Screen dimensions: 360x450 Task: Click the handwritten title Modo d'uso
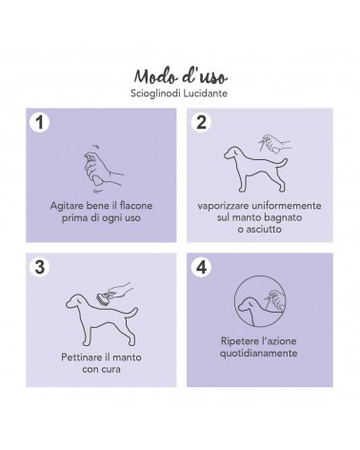coord(180,76)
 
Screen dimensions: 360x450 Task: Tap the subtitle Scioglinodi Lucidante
coord(179,93)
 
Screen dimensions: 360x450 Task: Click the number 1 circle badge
coord(39,122)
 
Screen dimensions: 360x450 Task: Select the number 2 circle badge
coord(201,122)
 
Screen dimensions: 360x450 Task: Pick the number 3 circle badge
coord(39,267)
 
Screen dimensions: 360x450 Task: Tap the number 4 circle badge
coord(201,267)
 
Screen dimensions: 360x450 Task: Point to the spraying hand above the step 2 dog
coord(274,144)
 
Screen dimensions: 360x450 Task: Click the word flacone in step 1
coord(136,206)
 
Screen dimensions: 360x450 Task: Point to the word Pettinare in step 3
coord(81,358)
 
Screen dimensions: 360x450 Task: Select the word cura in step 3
coord(111,369)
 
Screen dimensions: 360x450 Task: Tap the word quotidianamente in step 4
coord(258,354)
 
